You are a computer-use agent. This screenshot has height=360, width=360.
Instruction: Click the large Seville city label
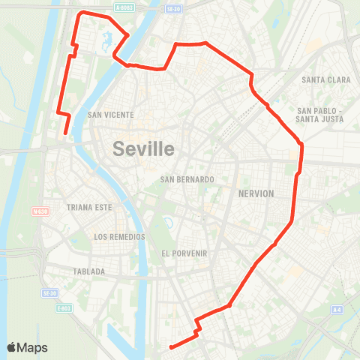(x=144, y=148)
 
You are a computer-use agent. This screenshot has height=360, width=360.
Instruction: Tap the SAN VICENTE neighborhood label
(x=110, y=115)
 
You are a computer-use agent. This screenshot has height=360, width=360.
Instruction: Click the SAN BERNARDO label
(x=187, y=179)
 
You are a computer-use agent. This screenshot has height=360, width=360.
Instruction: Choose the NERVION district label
(x=256, y=193)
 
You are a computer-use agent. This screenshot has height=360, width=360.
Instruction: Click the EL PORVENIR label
(x=184, y=253)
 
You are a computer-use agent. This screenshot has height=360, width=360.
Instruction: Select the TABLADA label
(x=89, y=271)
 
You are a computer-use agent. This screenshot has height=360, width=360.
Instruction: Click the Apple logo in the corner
(x=13, y=347)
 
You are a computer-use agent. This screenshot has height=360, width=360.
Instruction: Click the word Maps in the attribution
(x=33, y=347)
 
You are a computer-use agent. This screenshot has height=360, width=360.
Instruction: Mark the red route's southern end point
(x=171, y=346)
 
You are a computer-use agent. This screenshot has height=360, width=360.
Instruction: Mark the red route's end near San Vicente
(x=65, y=133)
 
